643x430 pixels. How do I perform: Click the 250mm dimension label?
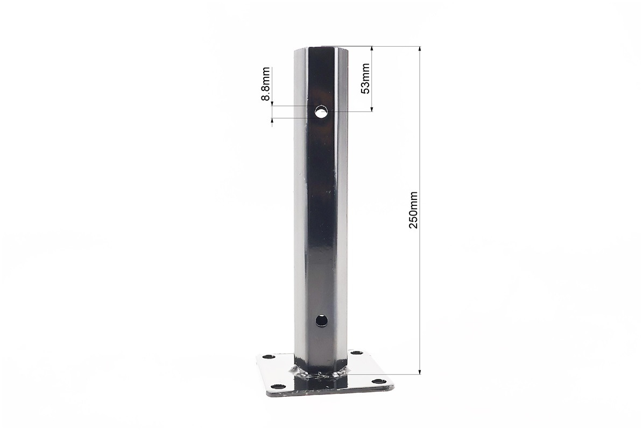[414, 210]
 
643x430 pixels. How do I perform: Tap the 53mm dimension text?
[365, 78]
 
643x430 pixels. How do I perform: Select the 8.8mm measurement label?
[266, 84]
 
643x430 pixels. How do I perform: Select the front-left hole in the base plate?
[277, 386]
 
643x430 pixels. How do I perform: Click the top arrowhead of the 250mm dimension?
[420, 48]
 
